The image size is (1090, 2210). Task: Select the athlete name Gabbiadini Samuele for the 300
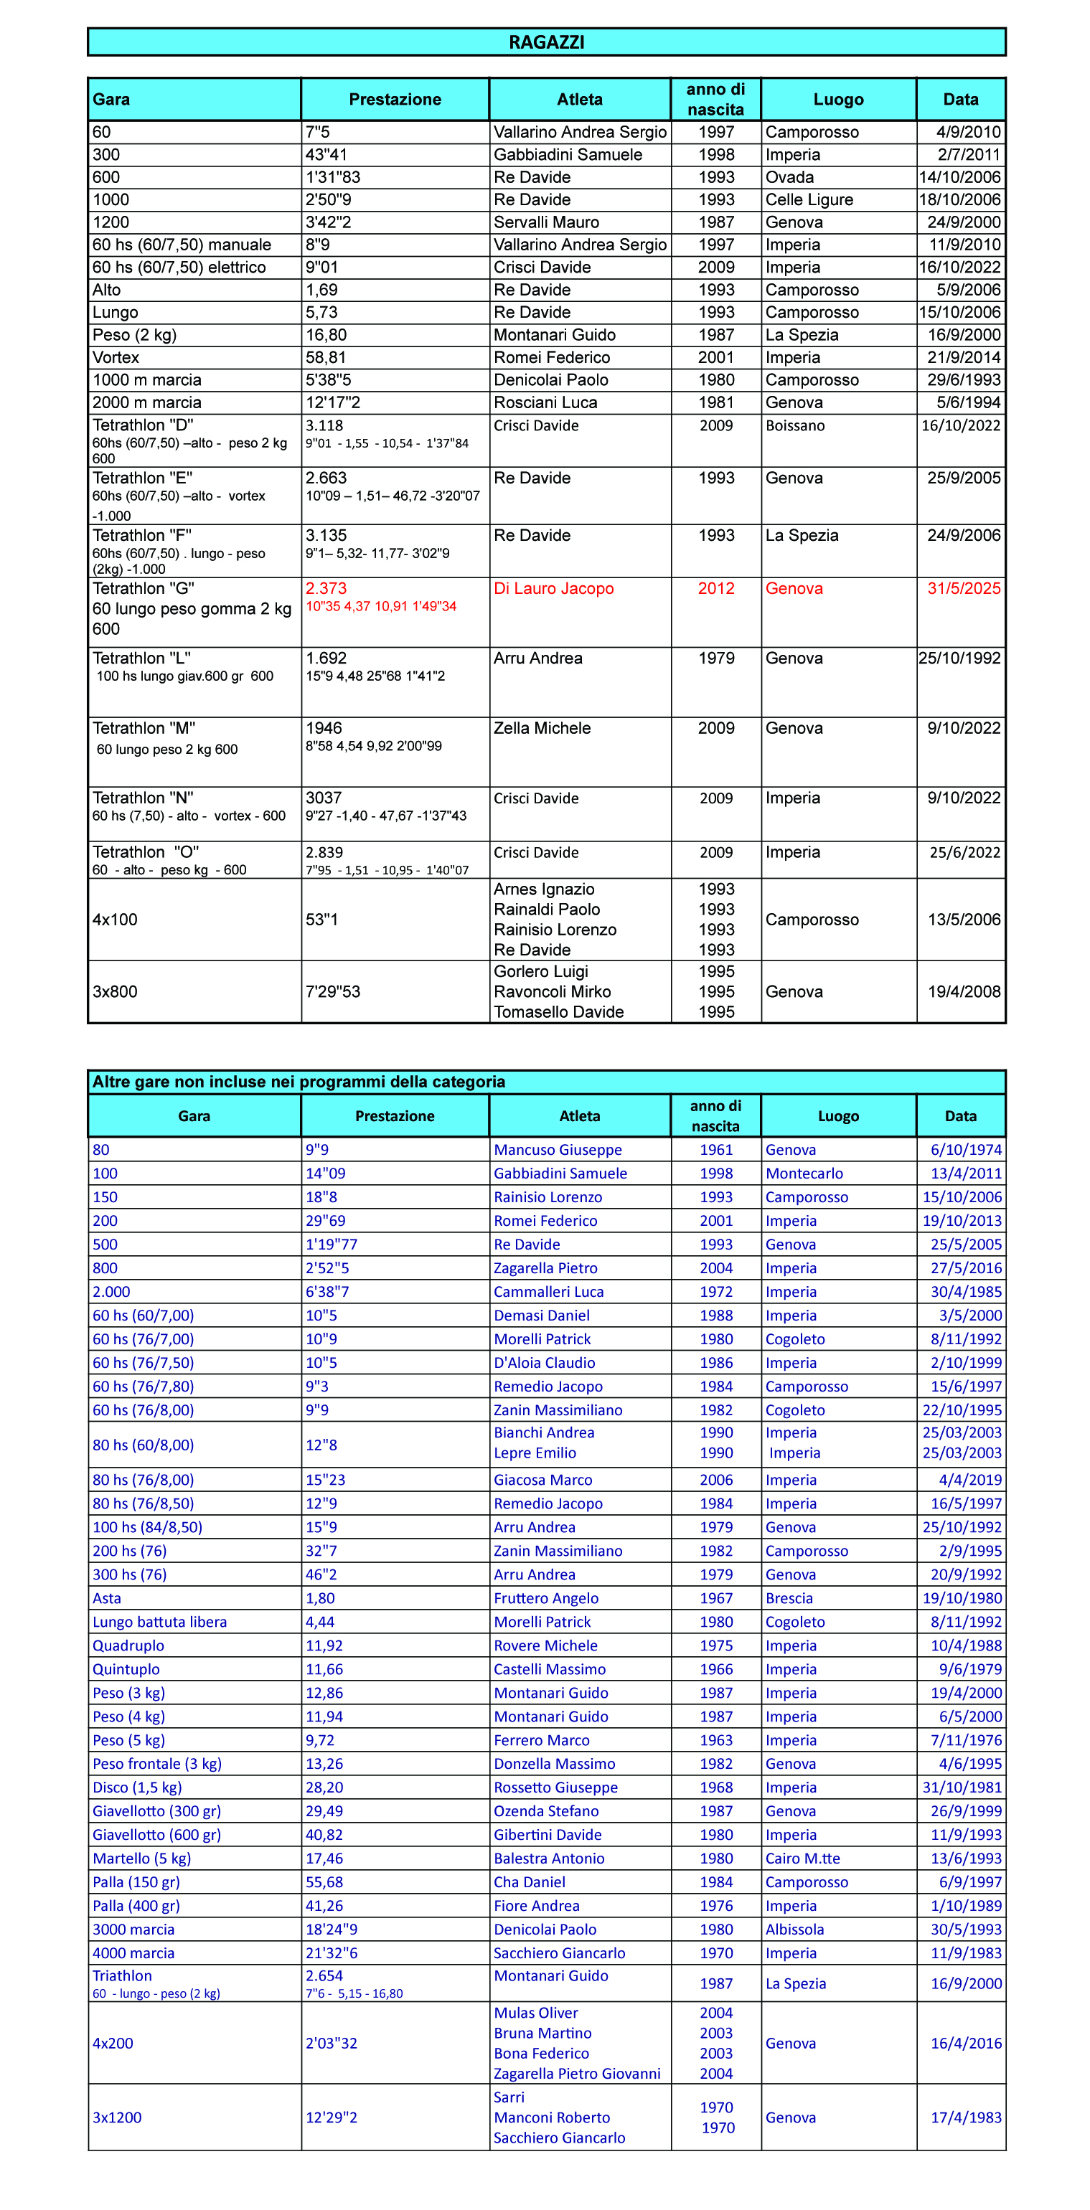[568, 154]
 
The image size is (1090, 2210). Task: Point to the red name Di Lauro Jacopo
[553, 588]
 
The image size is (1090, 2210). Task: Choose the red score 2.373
[326, 588]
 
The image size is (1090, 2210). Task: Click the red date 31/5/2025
[964, 588]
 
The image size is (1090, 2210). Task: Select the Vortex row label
[116, 358]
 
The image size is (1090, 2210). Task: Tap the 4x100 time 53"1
[322, 920]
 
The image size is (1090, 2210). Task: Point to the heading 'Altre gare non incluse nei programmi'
[299, 1082]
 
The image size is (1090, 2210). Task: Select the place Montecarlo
[804, 1174]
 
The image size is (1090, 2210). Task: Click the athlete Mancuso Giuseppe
[558, 1150]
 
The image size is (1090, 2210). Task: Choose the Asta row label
[108, 1598]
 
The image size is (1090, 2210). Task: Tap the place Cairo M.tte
[802, 1859]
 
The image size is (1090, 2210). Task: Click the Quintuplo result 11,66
[324, 1669]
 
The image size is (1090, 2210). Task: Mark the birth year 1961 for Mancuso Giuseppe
[716, 1150]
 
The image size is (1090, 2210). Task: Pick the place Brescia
[789, 1598]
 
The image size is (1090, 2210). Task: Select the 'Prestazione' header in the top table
[395, 100]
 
